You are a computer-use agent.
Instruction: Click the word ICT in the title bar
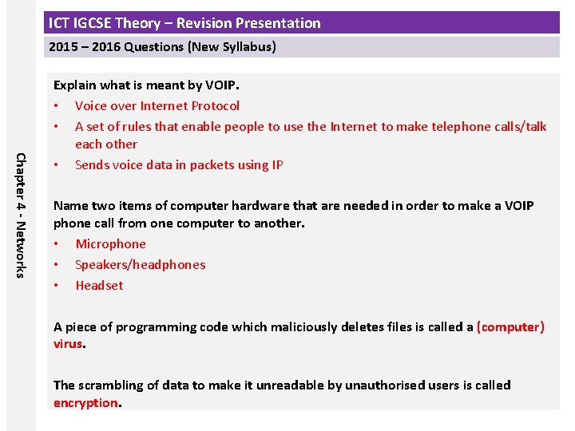click(x=59, y=23)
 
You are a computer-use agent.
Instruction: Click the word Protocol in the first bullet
click(x=211, y=105)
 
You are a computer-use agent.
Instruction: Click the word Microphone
click(x=110, y=244)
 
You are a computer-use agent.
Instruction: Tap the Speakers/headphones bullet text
click(x=140, y=265)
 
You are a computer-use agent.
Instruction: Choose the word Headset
click(x=99, y=286)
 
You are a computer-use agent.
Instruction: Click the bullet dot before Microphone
click(x=56, y=244)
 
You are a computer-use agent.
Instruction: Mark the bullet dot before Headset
click(x=56, y=286)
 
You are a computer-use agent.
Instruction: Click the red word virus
click(x=68, y=345)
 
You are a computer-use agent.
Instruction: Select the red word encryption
click(x=85, y=403)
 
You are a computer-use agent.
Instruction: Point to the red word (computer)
click(x=510, y=327)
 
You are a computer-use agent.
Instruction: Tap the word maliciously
click(x=306, y=327)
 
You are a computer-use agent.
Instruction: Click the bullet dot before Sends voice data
click(x=56, y=165)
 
